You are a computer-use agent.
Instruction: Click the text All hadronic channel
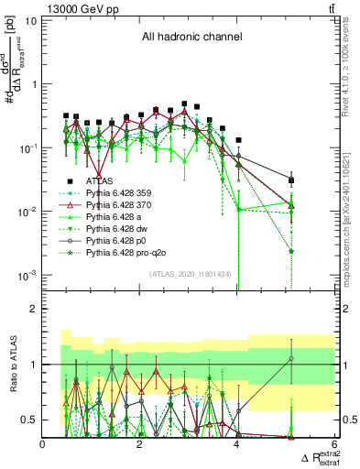point(191,38)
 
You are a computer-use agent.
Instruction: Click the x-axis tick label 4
point(237,443)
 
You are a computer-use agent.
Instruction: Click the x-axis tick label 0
point(43,443)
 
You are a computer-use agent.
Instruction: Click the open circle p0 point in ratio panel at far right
point(290,358)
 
